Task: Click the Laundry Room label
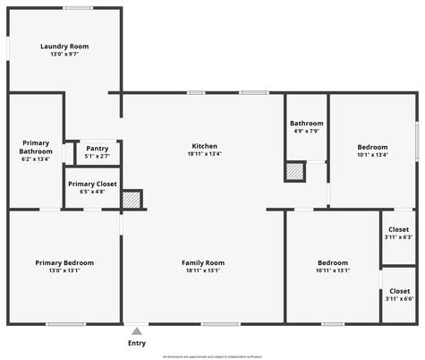(x=64, y=47)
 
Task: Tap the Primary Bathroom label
(x=36, y=147)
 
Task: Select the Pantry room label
(x=97, y=149)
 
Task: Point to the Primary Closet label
(x=92, y=184)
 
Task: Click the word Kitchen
(x=204, y=146)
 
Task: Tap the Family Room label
(x=203, y=262)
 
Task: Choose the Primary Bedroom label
(x=64, y=262)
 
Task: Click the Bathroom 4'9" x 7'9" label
(x=306, y=124)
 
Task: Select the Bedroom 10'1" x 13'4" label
(x=372, y=147)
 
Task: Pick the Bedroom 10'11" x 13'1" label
(x=333, y=262)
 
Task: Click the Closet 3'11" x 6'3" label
(x=399, y=229)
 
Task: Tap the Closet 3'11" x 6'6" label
(x=399, y=291)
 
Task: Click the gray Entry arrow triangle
(x=137, y=331)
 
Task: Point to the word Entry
(x=137, y=343)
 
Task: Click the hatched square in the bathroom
(x=294, y=171)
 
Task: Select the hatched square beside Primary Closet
(x=132, y=200)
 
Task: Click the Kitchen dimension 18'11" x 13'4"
(x=204, y=154)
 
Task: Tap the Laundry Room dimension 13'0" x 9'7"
(x=64, y=55)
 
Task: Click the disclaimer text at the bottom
(x=212, y=356)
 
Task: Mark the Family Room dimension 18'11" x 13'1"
(x=203, y=270)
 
